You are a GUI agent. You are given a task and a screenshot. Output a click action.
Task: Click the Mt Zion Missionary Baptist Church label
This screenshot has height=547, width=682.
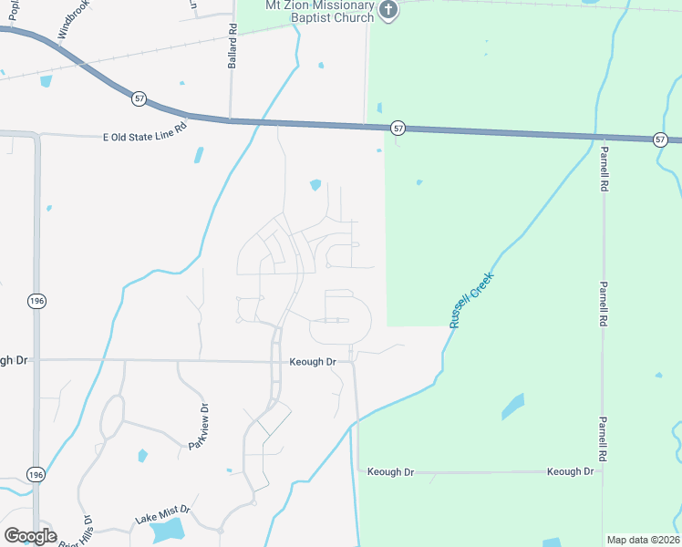click(x=319, y=12)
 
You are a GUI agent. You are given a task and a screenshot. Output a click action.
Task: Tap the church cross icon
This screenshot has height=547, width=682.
click(x=388, y=11)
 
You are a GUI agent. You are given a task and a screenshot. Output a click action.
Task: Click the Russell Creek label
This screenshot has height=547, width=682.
click(x=471, y=300)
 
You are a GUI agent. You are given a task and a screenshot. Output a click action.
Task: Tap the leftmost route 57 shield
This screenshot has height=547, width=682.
click(x=139, y=98)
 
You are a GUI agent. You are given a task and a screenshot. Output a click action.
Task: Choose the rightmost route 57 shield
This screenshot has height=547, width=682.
click(x=660, y=139)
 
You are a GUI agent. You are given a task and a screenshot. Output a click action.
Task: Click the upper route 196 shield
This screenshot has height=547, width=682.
click(x=36, y=301)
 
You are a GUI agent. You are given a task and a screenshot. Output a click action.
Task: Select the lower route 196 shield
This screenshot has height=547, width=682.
click(x=36, y=475)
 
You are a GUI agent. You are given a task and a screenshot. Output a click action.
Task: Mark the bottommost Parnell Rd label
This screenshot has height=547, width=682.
click(x=603, y=439)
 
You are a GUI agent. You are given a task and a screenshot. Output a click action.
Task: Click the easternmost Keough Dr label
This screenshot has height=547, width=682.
click(x=570, y=471)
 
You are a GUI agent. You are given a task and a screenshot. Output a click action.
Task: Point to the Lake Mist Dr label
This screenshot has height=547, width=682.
click(x=161, y=516)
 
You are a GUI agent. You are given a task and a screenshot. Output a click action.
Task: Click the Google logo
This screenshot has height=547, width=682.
click(x=30, y=536)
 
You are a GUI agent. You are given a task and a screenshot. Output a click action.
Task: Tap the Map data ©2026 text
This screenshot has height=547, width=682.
click(x=643, y=540)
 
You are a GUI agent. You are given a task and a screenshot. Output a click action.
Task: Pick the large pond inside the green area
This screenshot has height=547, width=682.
click(x=513, y=406)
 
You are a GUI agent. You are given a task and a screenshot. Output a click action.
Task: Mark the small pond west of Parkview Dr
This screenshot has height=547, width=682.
click(x=142, y=455)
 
